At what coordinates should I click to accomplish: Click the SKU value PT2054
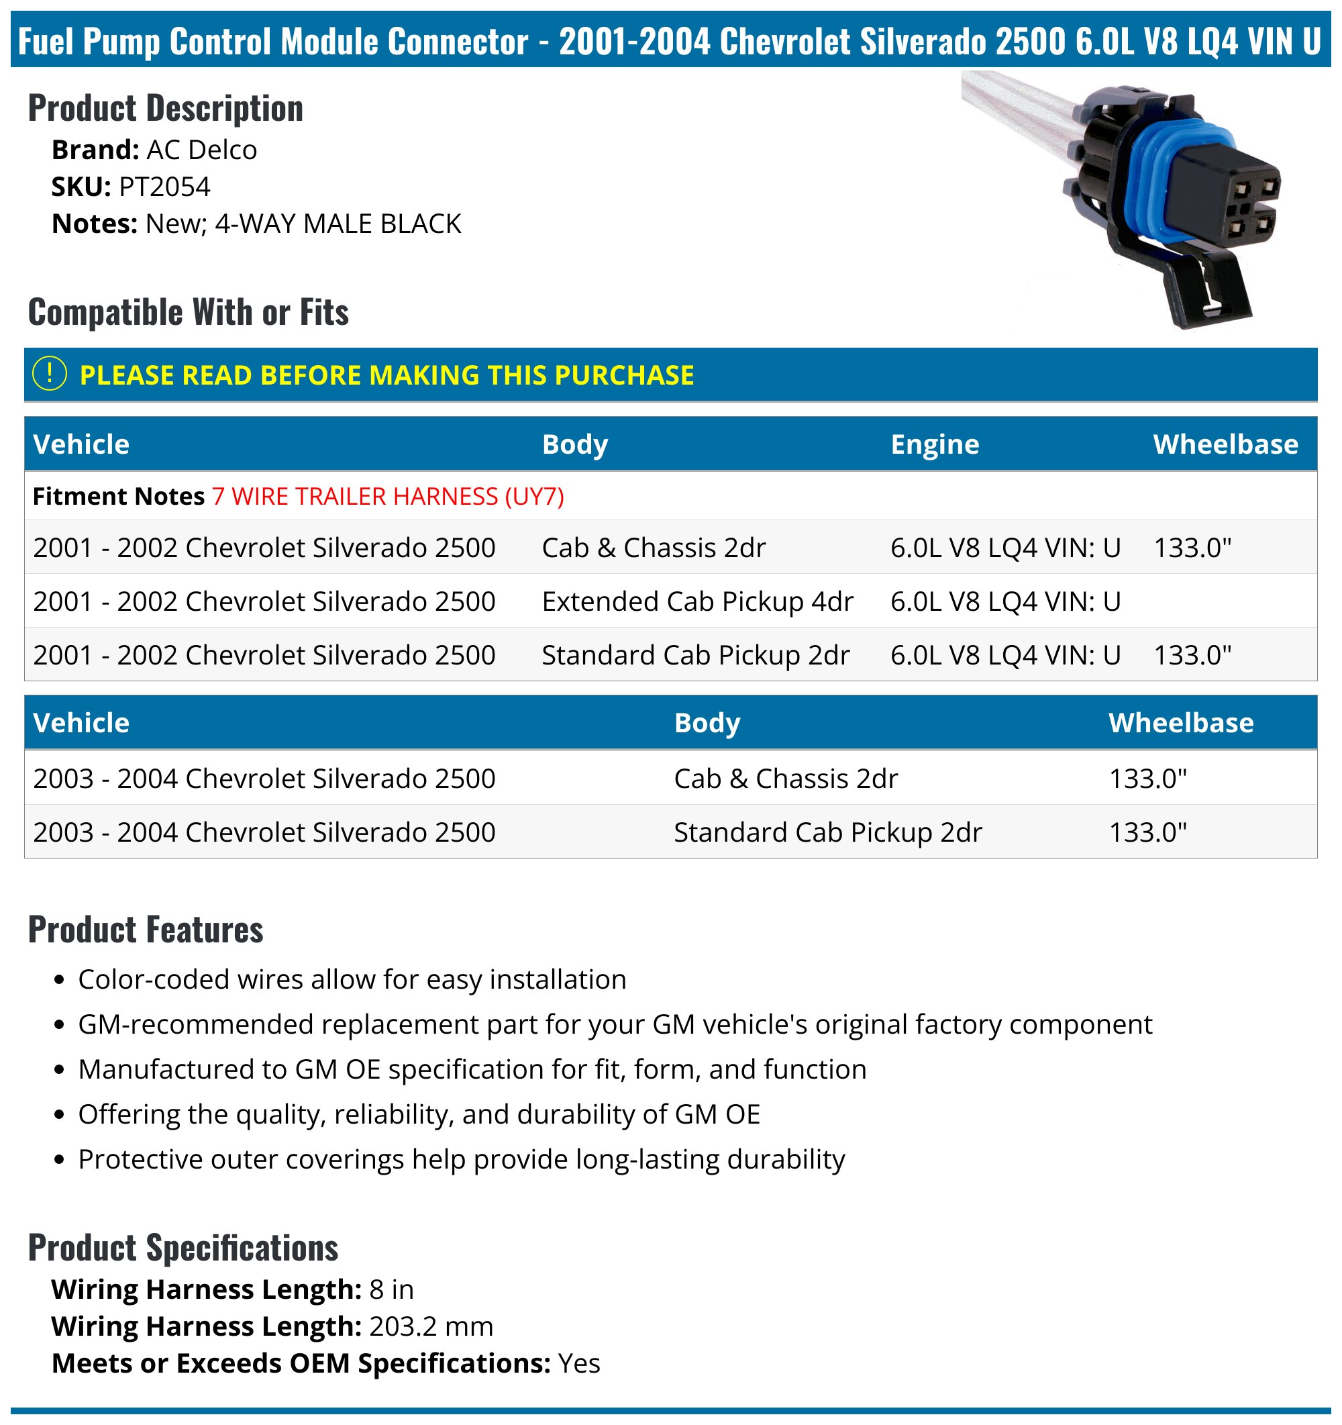tap(165, 187)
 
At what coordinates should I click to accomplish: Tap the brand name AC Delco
tap(201, 150)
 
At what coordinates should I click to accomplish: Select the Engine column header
tap(934, 444)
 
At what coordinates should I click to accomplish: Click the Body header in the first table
tap(574, 444)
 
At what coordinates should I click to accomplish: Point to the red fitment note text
tap(388, 496)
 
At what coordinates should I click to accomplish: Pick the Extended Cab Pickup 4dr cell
tap(697, 601)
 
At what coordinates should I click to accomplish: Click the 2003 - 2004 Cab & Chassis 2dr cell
tap(785, 779)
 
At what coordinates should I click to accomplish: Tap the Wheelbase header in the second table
tap(1181, 722)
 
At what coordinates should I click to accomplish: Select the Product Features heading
tap(146, 930)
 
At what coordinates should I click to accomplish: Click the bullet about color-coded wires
tap(352, 979)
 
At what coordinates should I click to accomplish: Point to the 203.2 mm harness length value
tap(431, 1326)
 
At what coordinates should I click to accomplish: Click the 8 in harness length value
tap(391, 1289)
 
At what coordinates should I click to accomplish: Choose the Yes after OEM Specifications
tap(579, 1363)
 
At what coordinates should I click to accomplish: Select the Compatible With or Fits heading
tap(189, 313)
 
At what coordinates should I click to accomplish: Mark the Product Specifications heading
tap(183, 1248)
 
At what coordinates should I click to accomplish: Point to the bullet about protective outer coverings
tap(462, 1159)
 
